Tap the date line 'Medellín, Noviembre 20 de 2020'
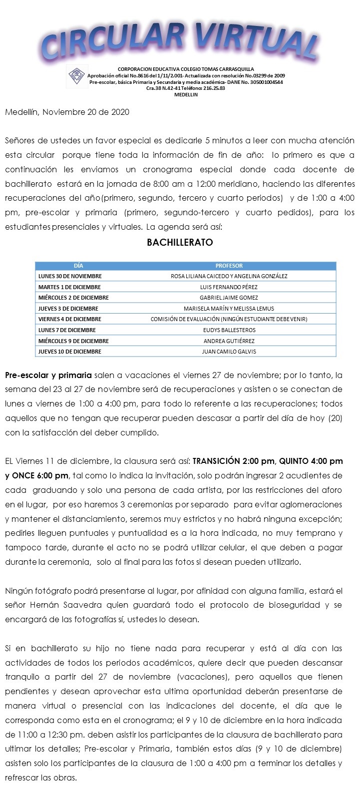67,112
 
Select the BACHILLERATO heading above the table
180,243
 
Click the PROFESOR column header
229,266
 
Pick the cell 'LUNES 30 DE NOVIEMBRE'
70,276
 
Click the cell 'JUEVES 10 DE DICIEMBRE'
69,352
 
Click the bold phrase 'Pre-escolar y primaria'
48,375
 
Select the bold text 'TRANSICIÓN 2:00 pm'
234,460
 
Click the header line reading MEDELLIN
186,95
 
